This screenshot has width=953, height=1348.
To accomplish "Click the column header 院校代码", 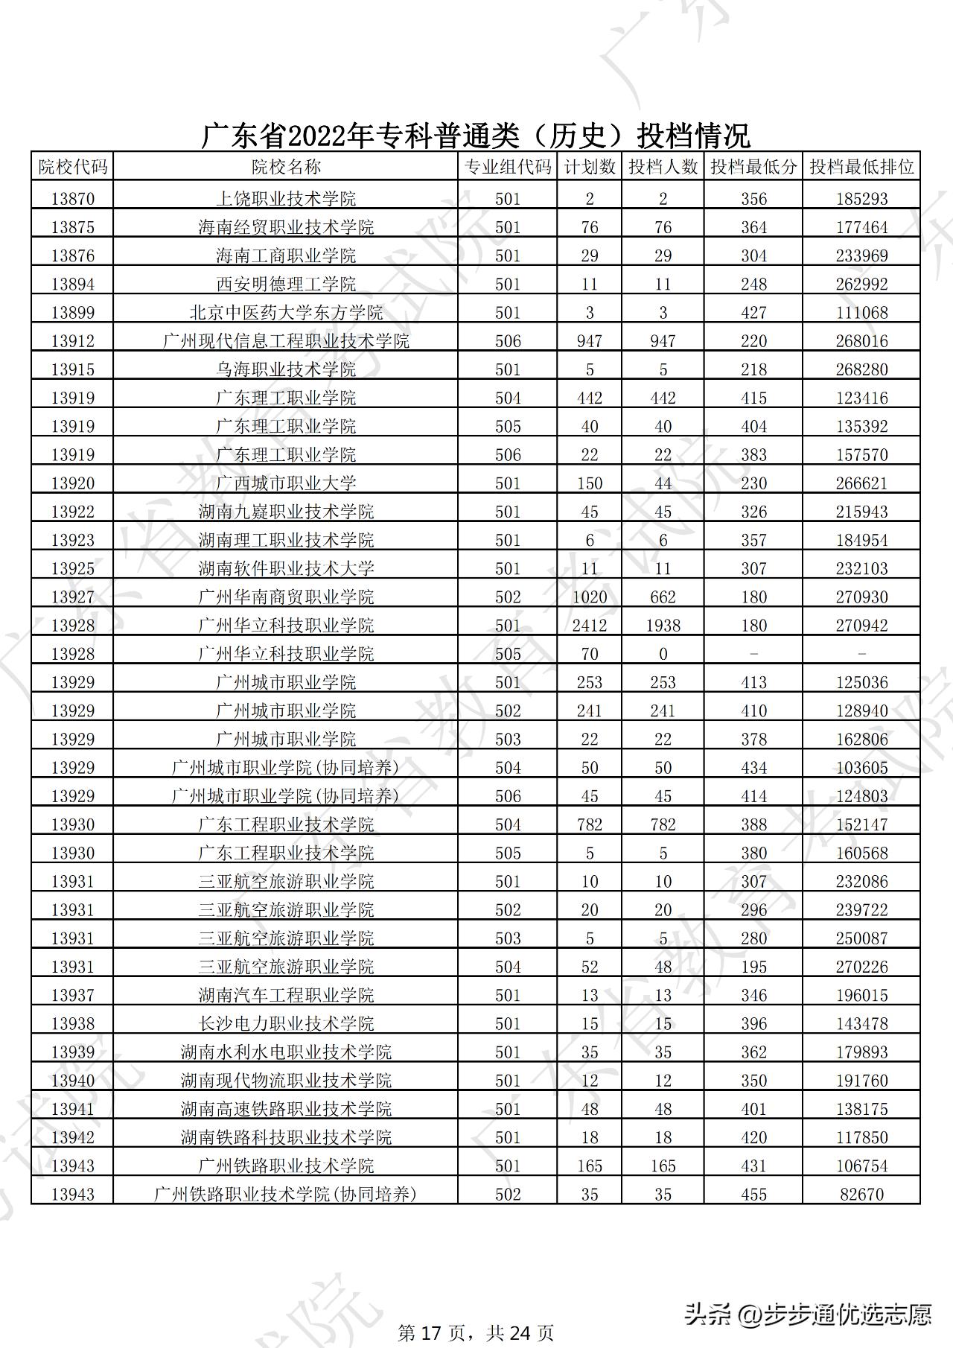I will click(73, 167).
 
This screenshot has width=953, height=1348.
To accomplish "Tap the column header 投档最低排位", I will click(861, 167).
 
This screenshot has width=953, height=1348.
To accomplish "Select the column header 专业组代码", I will click(508, 167).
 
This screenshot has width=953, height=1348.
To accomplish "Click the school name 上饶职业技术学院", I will click(286, 199).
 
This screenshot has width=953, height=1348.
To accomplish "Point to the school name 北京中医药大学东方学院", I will click(286, 313).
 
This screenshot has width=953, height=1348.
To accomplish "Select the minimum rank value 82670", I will click(861, 1195).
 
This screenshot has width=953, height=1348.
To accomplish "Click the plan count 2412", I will click(589, 626).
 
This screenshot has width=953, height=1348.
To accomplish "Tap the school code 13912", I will click(73, 341).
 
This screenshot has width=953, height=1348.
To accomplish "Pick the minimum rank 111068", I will click(861, 313).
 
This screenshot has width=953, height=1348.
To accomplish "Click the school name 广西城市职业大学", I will click(286, 483).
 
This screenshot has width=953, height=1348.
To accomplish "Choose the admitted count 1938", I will click(663, 626).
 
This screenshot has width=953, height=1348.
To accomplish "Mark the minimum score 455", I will click(753, 1195).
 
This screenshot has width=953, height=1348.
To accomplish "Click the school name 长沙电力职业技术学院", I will click(286, 1024).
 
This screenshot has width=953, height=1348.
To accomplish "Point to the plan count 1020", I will click(589, 597).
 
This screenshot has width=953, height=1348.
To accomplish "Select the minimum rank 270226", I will click(861, 967).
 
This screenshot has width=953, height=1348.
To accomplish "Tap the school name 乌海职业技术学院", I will click(286, 369).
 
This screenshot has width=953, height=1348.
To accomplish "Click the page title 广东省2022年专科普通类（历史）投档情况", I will click(476, 136).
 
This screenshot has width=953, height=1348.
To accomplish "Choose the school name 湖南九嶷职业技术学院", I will click(286, 512).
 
